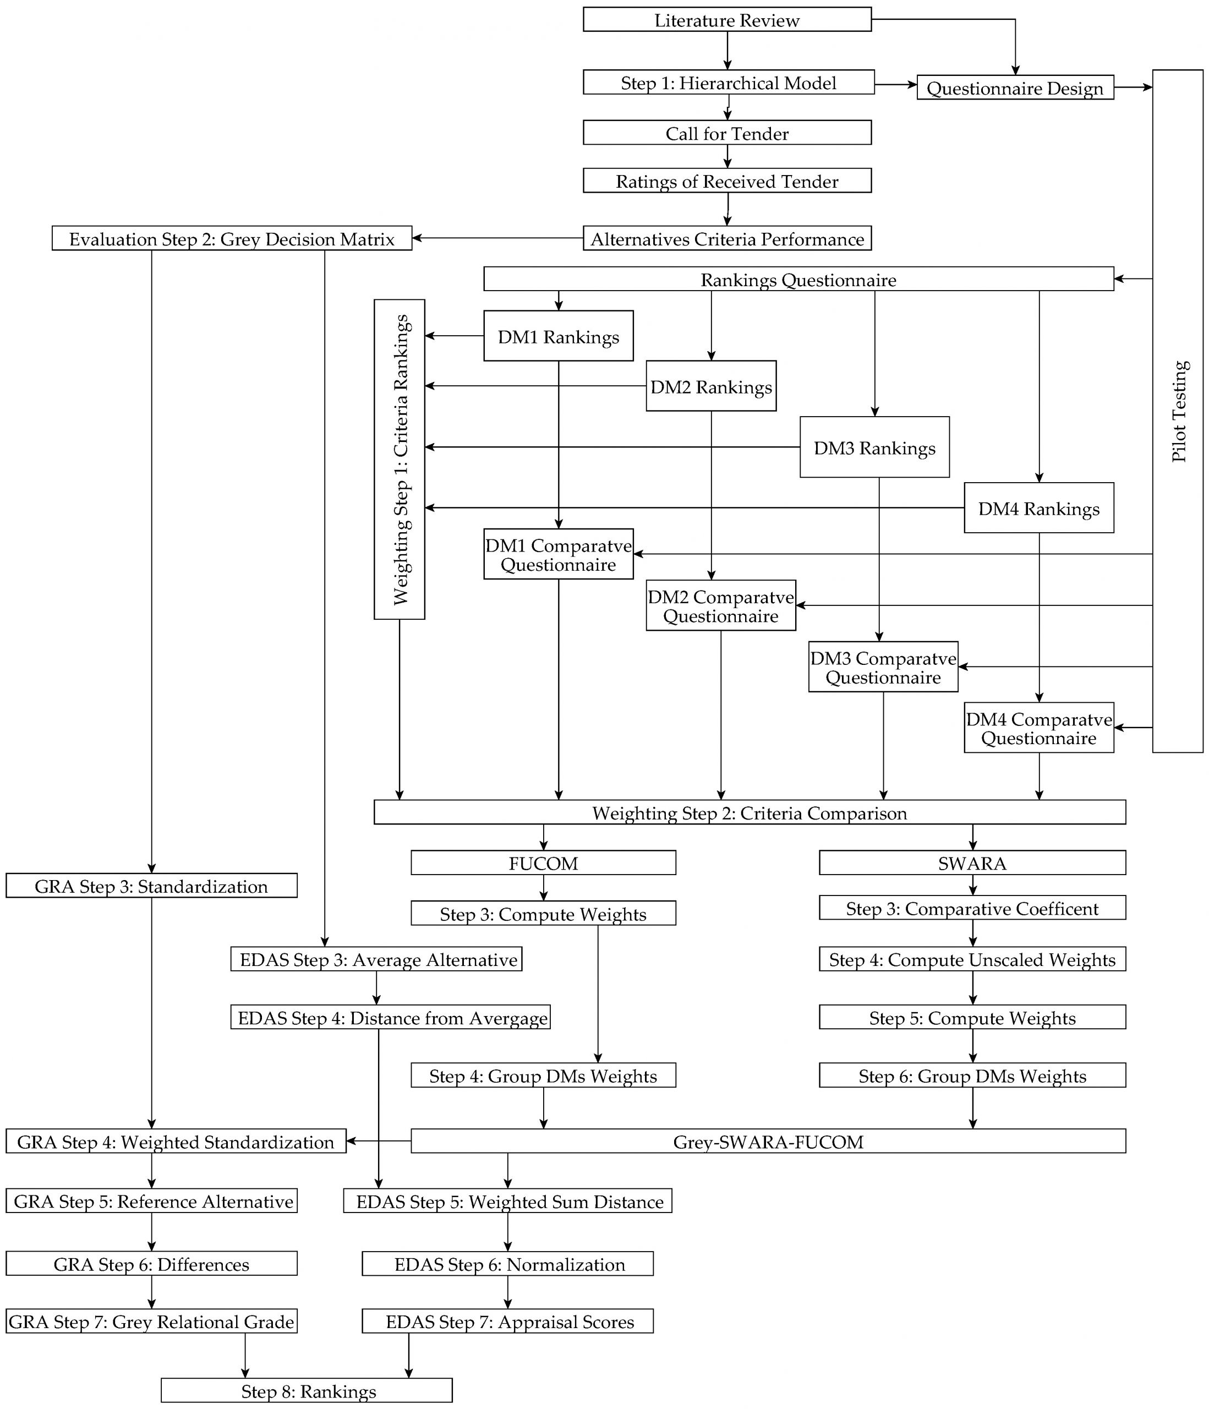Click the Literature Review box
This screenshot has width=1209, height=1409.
pos(726,20)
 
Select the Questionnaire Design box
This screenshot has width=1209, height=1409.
pos(1015,88)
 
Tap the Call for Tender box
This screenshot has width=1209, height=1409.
pos(726,133)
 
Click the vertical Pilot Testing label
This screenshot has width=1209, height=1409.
pos(1178,411)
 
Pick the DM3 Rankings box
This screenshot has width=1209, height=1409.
pos(874,447)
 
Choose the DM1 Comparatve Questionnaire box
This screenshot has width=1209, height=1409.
pos(557,554)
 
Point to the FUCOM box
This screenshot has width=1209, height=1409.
pos(543,863)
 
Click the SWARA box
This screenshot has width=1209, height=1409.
pos(972,863)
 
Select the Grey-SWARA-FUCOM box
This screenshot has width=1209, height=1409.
pos(768,1141)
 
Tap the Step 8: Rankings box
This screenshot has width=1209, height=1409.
pos(307,1391)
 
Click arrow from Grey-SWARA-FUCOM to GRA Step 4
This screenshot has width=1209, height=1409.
pos(378,1140)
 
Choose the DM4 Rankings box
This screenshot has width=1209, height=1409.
pos(1038,508)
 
